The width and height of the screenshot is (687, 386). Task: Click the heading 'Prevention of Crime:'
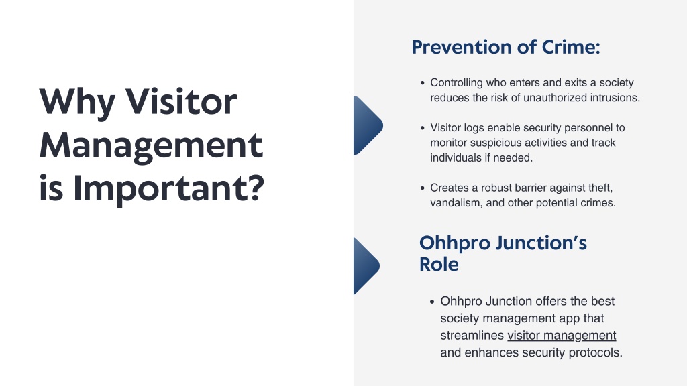[506, 47]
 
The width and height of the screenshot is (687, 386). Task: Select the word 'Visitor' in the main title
[181, 102]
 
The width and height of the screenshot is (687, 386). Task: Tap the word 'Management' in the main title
[151, 145]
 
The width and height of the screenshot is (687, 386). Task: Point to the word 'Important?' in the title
[168, 188]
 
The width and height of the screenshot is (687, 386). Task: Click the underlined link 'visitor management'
[562, 335]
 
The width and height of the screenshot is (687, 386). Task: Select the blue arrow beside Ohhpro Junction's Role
[366, 266]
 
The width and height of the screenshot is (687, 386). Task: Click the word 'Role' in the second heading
[439, 264]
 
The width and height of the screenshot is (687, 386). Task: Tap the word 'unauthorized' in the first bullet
[555, 98]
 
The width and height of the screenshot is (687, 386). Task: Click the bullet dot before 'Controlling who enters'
[423, 82]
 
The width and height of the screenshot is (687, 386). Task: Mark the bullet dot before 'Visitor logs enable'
[423, 128]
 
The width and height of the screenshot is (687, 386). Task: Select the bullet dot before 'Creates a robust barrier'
[423, 188]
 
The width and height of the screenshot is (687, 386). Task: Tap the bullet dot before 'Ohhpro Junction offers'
[432, 301]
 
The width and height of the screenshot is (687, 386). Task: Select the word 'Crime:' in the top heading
[571, 47]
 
